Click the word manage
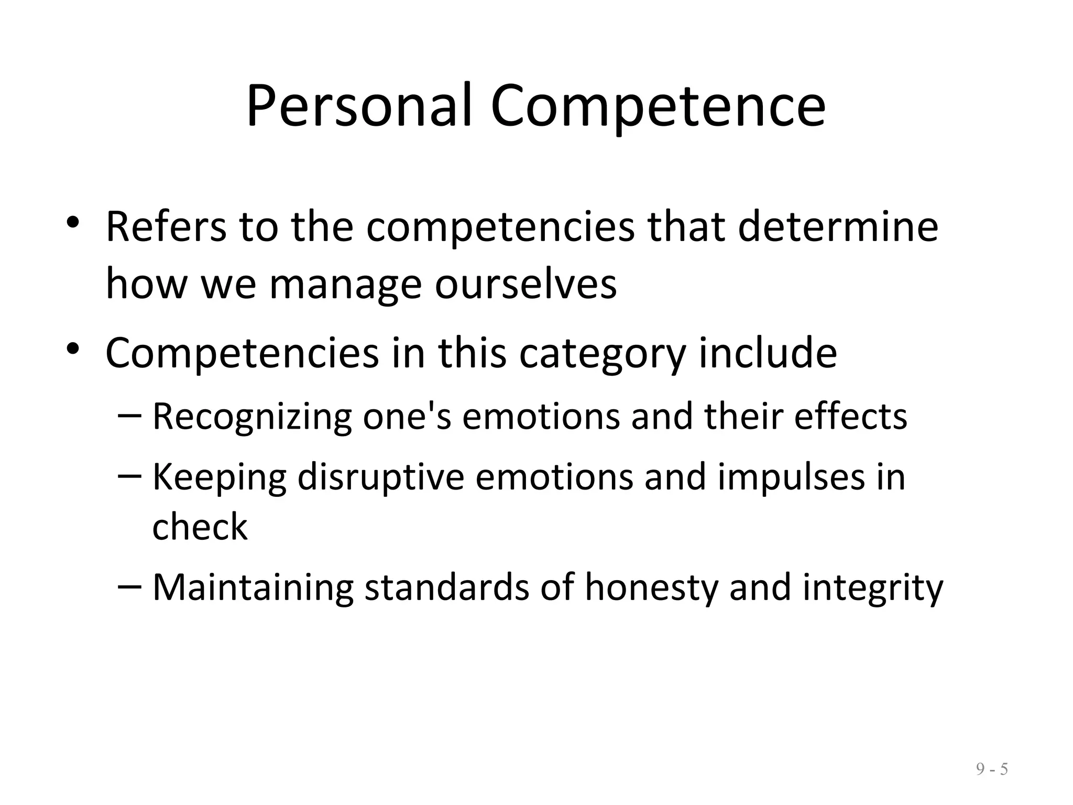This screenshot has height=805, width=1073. (x=345, y=286)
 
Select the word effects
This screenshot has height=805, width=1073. (x=850, y=417)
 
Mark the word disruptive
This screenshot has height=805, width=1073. (x=381, y=477)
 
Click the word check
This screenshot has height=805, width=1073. (x=200, y=527)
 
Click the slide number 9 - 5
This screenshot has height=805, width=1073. (x=992, y=769)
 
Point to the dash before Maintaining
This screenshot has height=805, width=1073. (x=129, y=584)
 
